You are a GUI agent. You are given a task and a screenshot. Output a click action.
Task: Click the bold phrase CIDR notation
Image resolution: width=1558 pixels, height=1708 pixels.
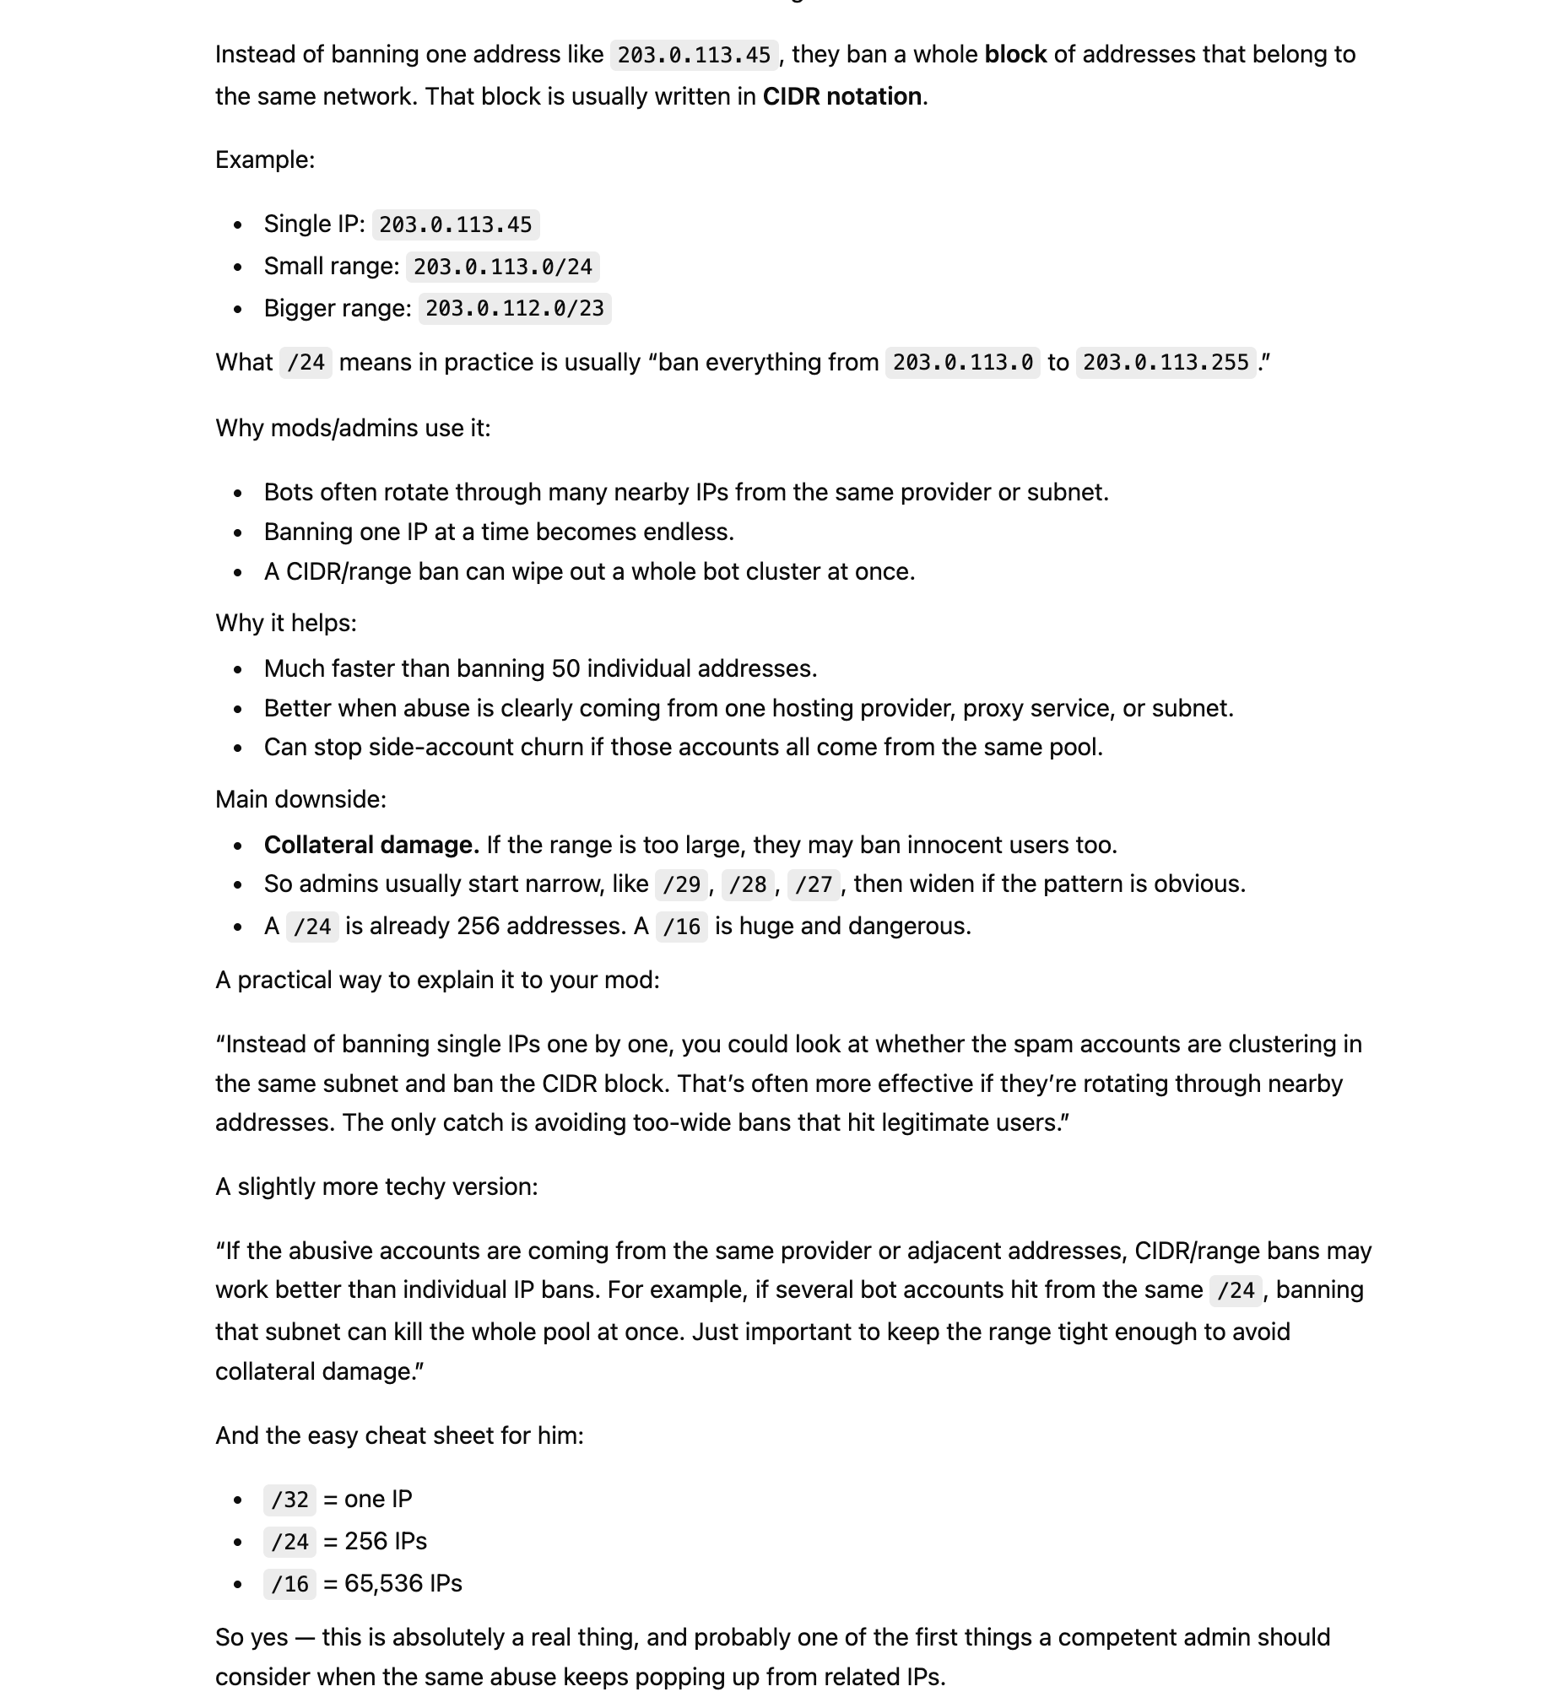point(841,96)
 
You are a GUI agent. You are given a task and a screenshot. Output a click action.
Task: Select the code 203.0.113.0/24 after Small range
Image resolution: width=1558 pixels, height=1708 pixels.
point(502,267)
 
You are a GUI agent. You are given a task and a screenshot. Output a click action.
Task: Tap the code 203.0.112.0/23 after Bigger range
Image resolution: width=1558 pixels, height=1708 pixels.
point(514,308)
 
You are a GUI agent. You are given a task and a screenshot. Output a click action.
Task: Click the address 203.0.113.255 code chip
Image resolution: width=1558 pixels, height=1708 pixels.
point(1165,363)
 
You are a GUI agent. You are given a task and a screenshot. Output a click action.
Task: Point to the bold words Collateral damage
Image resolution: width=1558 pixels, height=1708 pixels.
point(371,845)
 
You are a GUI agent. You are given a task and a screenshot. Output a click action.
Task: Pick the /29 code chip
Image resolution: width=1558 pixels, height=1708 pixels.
point(681,884)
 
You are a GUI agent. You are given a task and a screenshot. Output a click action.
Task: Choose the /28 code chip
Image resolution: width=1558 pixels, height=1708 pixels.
point(747,884)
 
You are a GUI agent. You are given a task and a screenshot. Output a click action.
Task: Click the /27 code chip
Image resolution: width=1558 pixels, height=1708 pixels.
point(814,884)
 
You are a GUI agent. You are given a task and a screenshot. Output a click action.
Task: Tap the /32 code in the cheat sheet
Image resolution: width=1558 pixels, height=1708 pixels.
point(289,1500)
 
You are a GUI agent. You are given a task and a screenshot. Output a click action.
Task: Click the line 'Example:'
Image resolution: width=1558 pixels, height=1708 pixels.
point(265,160)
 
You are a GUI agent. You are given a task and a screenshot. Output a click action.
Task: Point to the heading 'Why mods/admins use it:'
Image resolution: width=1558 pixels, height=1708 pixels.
point(353,428)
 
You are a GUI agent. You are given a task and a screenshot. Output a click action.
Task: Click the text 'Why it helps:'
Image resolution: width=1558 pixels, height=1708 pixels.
point(285,623)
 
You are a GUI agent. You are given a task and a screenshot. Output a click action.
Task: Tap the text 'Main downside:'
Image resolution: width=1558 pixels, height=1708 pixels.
point(300,799)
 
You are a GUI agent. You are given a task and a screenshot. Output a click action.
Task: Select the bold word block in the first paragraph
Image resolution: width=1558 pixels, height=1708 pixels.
point(1015,55)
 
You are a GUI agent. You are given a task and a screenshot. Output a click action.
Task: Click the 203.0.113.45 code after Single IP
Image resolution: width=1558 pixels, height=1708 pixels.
point(455,224)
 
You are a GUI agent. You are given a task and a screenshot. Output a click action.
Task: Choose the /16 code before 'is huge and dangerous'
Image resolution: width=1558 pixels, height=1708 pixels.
point(681,926)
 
